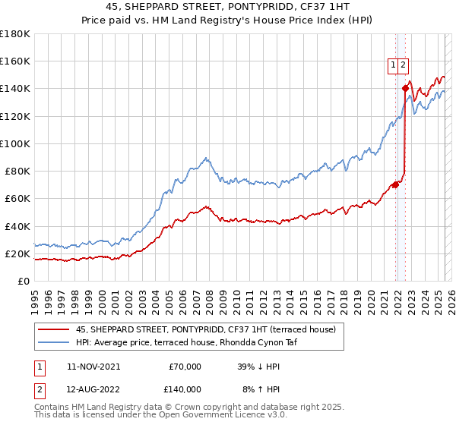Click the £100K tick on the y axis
15,143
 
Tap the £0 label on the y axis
24,281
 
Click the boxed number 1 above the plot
393,66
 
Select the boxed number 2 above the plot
403,66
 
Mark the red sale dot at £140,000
406,88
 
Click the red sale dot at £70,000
396,184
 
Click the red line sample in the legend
53,329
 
